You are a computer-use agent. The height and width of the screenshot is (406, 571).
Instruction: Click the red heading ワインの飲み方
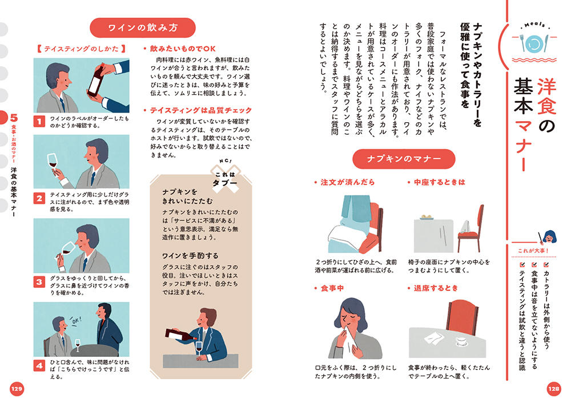pos(143,27)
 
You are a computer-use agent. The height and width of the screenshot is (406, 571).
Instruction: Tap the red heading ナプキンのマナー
pos(404,159)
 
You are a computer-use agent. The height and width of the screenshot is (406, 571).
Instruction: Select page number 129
pos(17,389)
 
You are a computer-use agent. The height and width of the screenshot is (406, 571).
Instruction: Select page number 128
pos(554,389)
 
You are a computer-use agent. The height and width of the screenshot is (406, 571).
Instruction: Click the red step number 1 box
pos(39,121)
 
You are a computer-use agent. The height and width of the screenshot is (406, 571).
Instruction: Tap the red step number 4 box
pos(39,365)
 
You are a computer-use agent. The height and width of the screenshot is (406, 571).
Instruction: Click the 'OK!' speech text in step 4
pos(76,321)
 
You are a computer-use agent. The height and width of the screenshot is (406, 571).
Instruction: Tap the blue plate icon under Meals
pos(534,44)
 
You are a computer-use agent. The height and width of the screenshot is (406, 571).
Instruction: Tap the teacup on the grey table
pos(462,341)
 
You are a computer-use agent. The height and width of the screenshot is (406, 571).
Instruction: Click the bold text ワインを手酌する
pos(190,256)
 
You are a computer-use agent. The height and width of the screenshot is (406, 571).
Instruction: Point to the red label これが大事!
pos(533,251)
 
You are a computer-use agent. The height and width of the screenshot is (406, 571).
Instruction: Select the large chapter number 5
pos(14,118)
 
